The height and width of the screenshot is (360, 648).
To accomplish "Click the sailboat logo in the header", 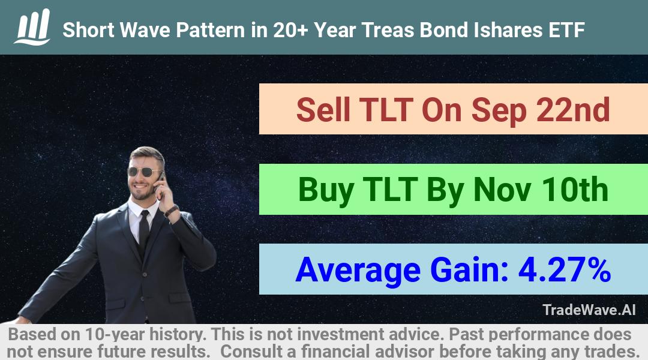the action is tap(32, 27).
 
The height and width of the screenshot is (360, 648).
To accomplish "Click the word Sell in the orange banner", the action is tap(323, 110).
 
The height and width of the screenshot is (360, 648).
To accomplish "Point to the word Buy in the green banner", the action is tap(326, 190).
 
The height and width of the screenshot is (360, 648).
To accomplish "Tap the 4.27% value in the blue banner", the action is tap(565, 269).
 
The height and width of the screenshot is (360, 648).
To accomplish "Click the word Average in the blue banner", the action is tap(358, 271).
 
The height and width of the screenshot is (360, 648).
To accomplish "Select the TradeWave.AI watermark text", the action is tap(589, 310).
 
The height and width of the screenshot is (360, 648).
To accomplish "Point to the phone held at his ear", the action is tap(160, 182).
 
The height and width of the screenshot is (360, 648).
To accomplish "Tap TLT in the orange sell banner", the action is tap(386, 110).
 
